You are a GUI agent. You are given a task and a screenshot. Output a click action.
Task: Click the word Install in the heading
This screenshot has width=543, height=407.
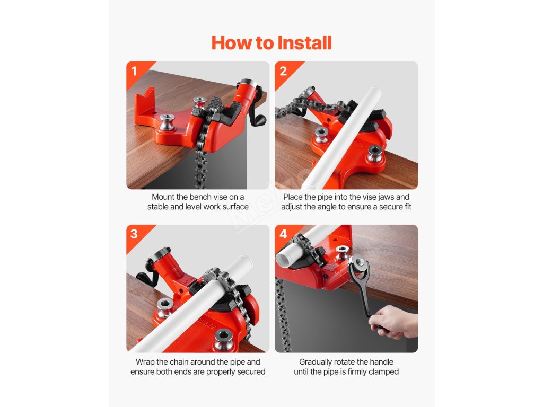coord(305,43)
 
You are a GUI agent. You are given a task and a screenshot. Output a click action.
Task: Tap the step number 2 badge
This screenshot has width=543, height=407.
coord(283,71)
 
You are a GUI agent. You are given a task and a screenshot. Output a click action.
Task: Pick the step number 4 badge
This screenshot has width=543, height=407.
coord(283,234)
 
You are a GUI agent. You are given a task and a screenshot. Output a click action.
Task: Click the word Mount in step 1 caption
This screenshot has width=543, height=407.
coord(163,197)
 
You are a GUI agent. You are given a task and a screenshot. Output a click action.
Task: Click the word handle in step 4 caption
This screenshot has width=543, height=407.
coord(382,362)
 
